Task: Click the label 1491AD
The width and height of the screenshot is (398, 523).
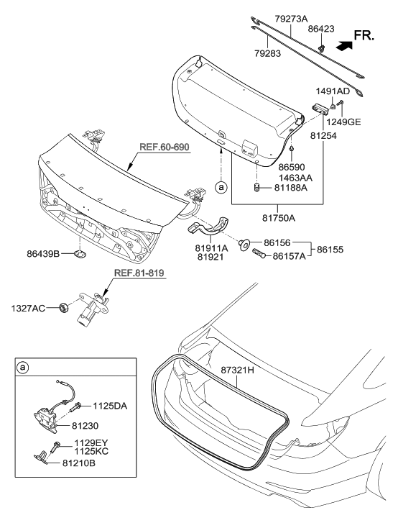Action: click(333, 91)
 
